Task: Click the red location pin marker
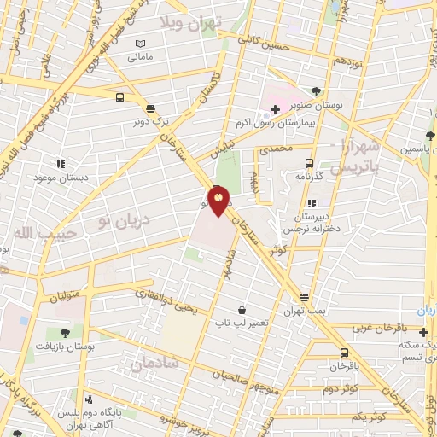tap(219, 201)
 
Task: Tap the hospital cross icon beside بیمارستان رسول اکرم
tap(275, 109)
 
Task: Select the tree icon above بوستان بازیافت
tap(66, 332)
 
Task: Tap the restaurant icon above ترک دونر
tap(151, 108)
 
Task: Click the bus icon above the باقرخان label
tap(344, 352)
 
